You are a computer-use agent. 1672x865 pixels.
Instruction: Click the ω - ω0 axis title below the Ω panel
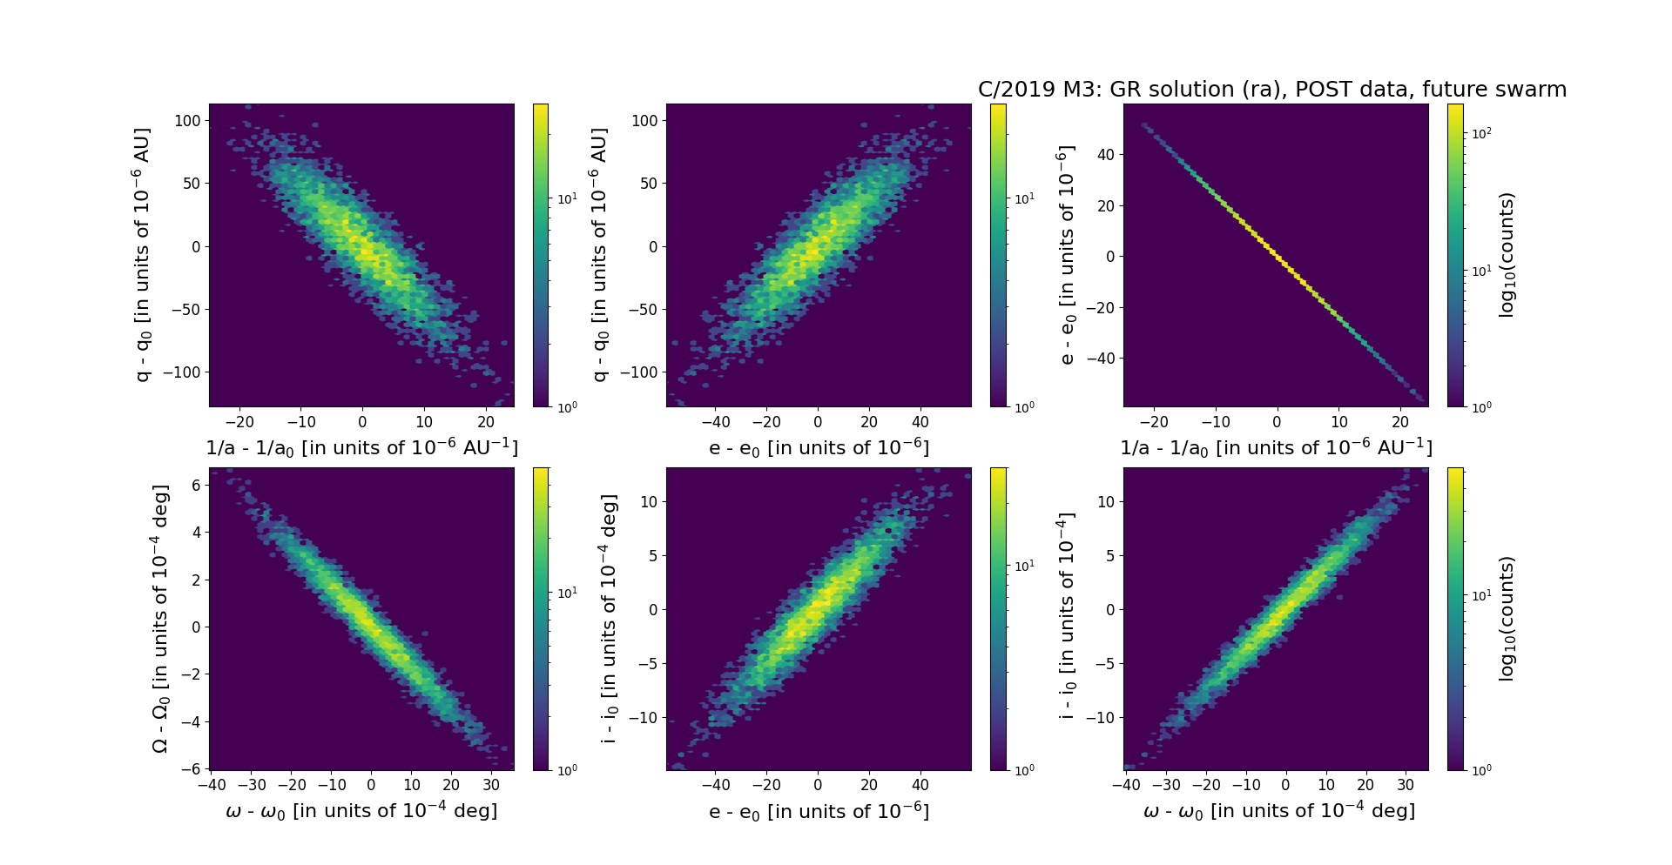click(361, 811)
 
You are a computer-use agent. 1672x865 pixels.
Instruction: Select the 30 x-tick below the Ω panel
click(490, 784)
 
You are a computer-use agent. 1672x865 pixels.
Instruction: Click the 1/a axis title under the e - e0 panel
click(1276, 447)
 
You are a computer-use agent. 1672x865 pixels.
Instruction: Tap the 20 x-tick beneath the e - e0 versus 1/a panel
click(1400, 422)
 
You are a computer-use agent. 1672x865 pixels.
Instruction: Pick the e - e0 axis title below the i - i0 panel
click(819, 811)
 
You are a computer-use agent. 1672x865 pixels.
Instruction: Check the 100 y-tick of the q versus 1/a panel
click(187, 121)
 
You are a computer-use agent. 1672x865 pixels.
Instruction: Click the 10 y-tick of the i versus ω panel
click(1106, 501)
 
